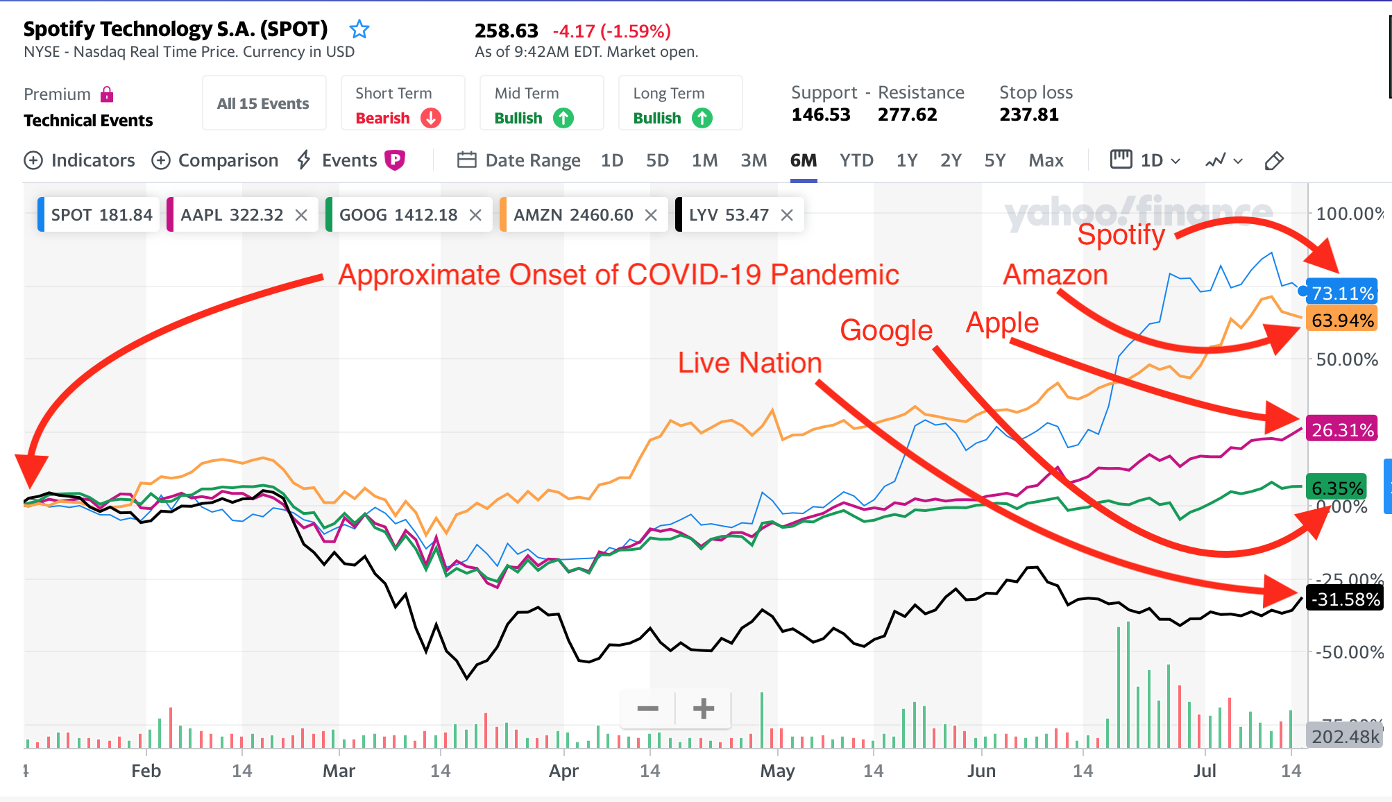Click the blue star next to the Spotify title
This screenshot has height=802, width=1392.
pyautogui.click(x=359, y=29)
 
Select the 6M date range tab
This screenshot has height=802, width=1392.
pyautogui.click(x=803, y=160)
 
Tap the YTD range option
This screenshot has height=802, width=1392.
pyautogui.click(x=856, y=160)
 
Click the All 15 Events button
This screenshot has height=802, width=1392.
pyautogui.click(x=263, y=103)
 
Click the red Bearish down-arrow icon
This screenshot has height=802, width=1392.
pyautogui.click(x=431, y=118)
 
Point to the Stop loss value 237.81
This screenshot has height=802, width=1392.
pyautogui.click(x=1029, y=114)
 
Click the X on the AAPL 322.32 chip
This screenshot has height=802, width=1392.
pyautogui.click(x=301, y=215)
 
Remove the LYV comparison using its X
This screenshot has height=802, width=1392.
pyautogui.click(x=787, y=215)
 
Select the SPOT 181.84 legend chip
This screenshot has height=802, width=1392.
pyautogui.click(x=101, y=215)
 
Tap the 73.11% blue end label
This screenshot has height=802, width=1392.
pyautogui.click(x=1342, y=293)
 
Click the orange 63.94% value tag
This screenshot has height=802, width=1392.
pyautogui.click(x=1342, y=321)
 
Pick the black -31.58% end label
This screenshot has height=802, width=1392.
pyautogui.click(x=1344, y=599)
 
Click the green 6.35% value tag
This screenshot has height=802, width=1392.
pyautogui.click(x=1336, y=488)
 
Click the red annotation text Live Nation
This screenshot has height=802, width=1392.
pyautogui.click(x=749, y=363)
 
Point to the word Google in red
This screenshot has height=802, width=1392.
pyautogui.click(x=886, y=330)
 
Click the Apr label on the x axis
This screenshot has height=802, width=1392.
pyautogui.click(x=563, y=771)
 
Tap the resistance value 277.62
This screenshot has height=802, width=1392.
pyautogui.click(x=907, y=114)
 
